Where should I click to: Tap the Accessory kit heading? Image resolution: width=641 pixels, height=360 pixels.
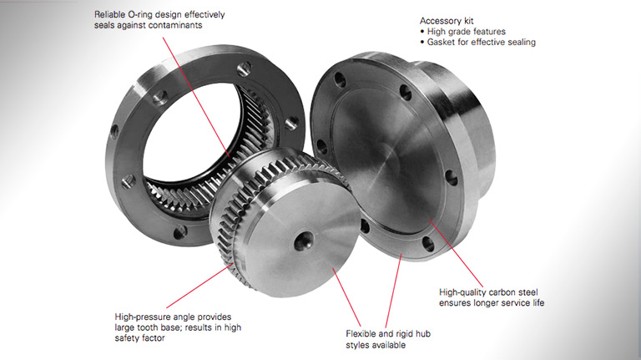tap(447, 21)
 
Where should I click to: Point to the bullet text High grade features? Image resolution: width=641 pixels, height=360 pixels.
tap(466, 32)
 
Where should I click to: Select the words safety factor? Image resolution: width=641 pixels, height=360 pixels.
tap(140, 338)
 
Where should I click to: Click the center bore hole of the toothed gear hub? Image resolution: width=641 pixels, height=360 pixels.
tap(304, 240)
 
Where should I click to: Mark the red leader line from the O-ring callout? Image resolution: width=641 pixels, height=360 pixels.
tap(197, 98)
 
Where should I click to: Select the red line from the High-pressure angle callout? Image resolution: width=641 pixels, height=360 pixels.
tap(199, 286)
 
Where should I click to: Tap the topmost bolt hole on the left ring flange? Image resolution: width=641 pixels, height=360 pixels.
tap(244, 68)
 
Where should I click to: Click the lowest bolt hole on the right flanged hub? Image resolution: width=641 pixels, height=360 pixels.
tap(427, 244)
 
